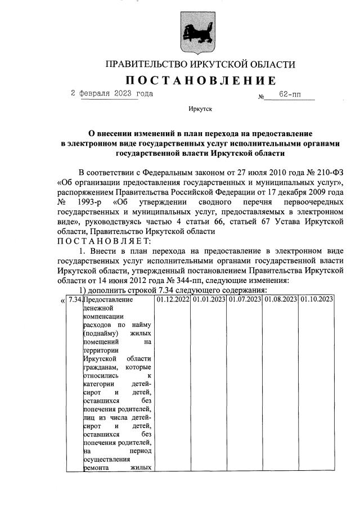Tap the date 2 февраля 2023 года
click(111, 93)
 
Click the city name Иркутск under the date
click(200, 111)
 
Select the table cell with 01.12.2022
click(172, 299)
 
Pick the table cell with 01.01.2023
click(209, 299)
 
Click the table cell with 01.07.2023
click(245, 299)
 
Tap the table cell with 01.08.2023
click(281, 299)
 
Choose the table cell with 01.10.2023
click(317, 299)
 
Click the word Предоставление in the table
click(107, 299)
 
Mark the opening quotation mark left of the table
click(62, 300)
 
